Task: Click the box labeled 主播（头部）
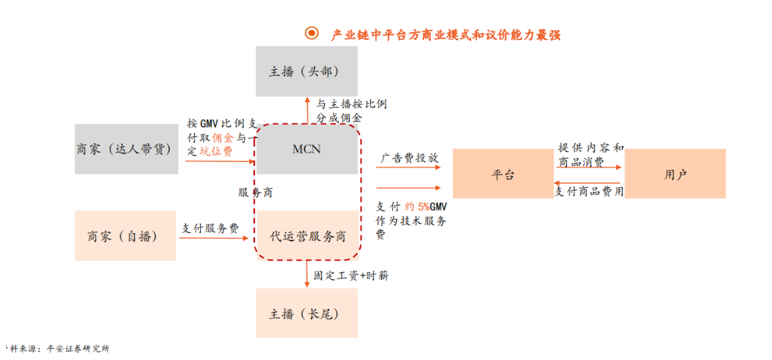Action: (x=307, y=72)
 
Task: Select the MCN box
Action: (x=307, y=149)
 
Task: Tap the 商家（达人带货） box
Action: (x=126, y=149)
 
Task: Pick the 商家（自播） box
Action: (x=125, y=236)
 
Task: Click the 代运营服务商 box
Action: (x=307, y=236)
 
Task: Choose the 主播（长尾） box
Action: (x=307, y=313)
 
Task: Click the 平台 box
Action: (x=502, y=174)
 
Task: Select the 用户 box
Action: (x=675, y=174)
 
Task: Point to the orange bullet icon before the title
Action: (x=312, y=34)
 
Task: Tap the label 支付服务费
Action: (x=210, y=228)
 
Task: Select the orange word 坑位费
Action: (x=216, y=151)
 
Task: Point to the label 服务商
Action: (x=256, y=193)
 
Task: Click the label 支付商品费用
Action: (x=589, y=191)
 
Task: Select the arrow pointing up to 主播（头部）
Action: (x=307, y=111)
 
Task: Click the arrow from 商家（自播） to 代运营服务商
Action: (x=214, y=238)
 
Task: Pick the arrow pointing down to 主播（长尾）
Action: (x=307, y=275)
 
